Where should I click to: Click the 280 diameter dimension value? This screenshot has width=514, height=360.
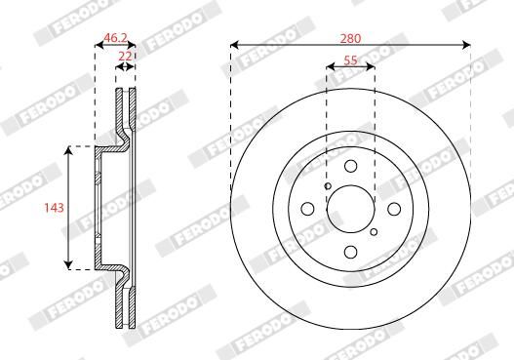351,38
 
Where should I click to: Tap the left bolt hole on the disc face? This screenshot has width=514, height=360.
307,209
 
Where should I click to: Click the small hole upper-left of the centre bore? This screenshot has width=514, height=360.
329,186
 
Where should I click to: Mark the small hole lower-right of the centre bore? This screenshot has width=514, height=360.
374,231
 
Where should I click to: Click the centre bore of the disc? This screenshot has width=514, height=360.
351,209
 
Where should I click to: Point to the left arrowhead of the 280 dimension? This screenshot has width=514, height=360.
235,45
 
